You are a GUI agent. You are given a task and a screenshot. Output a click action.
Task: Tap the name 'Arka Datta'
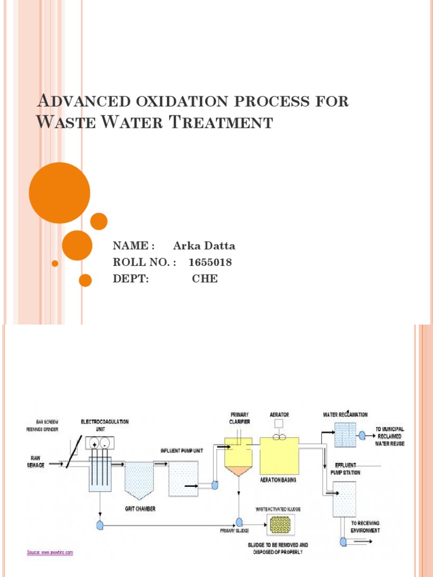tap(204, 246)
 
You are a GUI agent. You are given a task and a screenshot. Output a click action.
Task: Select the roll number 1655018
tap(210, 263)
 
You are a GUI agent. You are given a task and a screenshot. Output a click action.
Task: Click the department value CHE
tap(205, 279)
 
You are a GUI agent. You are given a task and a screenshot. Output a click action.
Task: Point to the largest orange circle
tap(59, 193)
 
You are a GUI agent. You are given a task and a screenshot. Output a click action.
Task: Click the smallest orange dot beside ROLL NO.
tap(55, 264)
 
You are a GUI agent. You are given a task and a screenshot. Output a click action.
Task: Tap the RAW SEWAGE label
tap(34, 461)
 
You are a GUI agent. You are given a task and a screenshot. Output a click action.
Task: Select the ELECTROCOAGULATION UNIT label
tap(104, 424)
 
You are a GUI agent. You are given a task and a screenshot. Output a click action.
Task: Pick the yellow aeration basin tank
tap(279, 457)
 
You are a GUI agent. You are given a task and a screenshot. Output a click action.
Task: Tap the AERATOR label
tap(279, 415)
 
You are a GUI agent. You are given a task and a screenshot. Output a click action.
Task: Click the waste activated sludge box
tap(278, 525)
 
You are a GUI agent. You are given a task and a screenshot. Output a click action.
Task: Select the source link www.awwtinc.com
tap(50, 552)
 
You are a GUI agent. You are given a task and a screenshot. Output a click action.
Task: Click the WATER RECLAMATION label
tap(345, 415)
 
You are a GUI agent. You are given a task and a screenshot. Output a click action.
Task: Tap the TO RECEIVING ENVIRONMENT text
tap(365, 527)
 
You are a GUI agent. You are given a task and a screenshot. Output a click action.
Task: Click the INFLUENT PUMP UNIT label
tap(180, 451)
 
